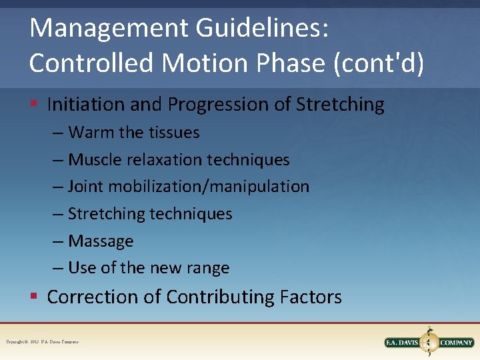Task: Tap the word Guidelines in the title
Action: pos(253,28)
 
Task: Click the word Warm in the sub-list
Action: pos(91,133)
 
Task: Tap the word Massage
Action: pos(101,241)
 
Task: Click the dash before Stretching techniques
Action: pos(59,214)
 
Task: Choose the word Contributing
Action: pos(220,297)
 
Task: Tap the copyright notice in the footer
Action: pos(43,342)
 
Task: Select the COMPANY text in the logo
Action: pos(455,343)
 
